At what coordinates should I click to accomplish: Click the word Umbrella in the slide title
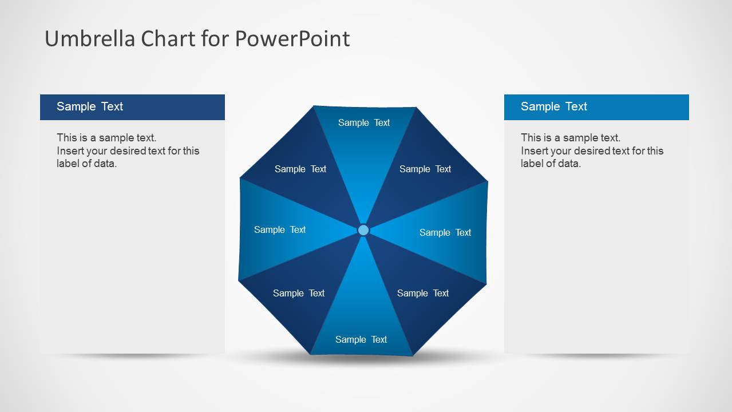click(x=90, y=38)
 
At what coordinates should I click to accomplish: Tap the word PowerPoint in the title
click(x=292, y=38)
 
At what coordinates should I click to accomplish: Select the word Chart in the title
click(x=168, y=38)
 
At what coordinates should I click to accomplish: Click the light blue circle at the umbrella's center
click(x=363, y=230)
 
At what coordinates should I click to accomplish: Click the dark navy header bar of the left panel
click(x=132, y=107)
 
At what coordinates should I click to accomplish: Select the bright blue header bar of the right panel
click(x=596, y=107)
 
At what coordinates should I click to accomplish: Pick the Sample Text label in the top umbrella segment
click(x=364, y=122)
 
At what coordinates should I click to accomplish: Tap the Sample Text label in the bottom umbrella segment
click(x=361, y=339)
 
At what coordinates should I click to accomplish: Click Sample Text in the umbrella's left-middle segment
click(x=280, y=229)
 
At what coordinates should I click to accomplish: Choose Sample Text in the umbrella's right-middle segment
click(x=445, y=232)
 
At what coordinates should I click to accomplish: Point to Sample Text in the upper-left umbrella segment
click(x=300, y=169)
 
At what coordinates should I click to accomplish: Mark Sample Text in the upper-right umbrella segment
click(x=425, y=169)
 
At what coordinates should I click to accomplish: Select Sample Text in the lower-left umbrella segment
click(x=299, y=293)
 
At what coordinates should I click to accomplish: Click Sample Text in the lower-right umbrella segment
click(x=423, y=293)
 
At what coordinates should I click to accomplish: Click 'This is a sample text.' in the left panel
click(x=106, y=138)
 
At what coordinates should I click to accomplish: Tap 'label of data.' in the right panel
click(x=551, y=163)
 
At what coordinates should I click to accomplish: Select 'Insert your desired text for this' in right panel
click(x=592, y=151)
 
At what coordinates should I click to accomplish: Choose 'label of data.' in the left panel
click(x=86, y=163)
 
